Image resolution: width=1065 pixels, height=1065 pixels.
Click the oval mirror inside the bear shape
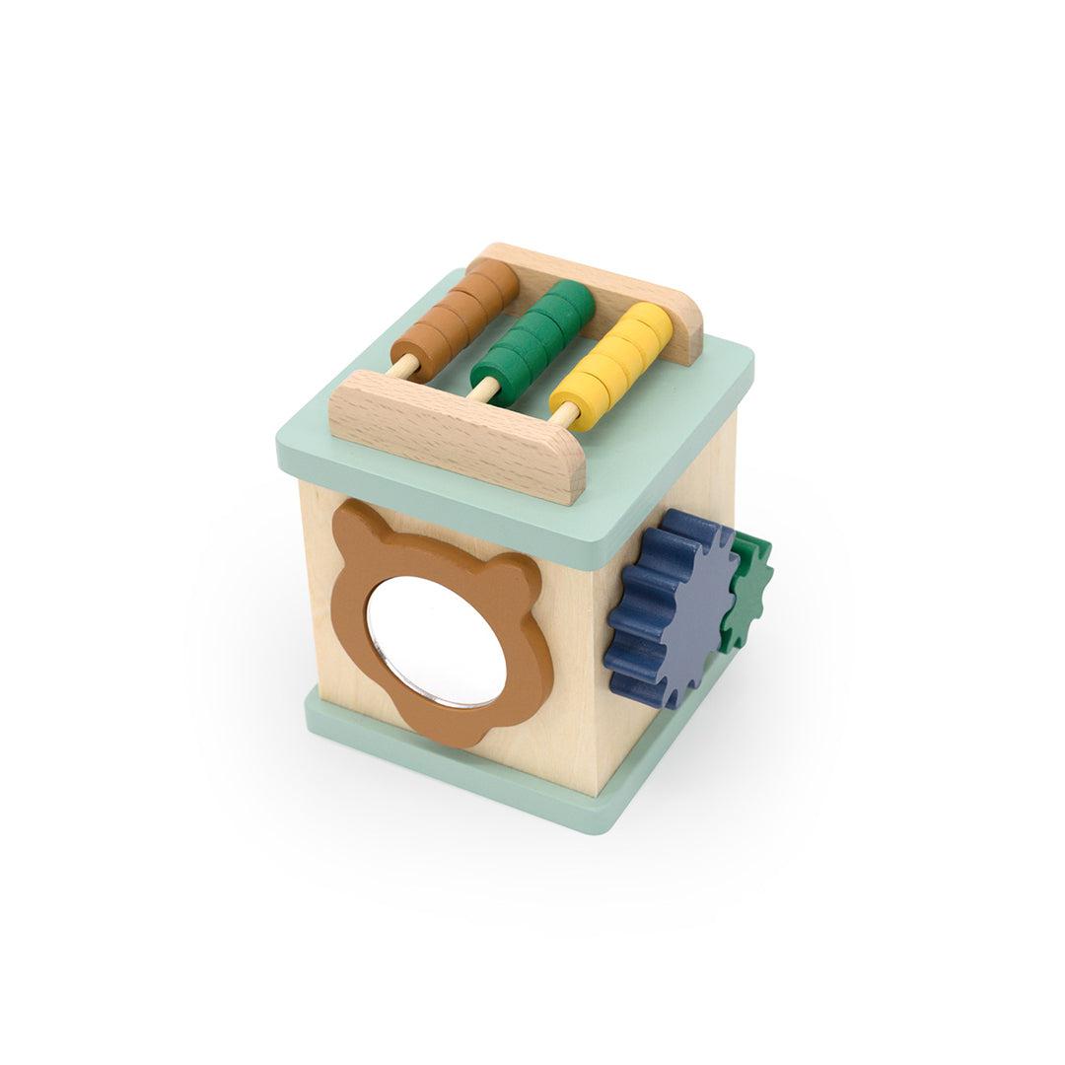click(x=436, y=641)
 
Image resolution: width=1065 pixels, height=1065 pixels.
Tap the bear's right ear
click(x=519, y=578)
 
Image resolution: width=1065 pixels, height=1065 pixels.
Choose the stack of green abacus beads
click(x=533, y=335)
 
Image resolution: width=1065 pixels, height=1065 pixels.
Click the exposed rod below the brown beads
click(x=403, y=369)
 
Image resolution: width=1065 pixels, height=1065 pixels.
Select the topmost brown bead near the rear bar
click(x=492, y=279)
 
